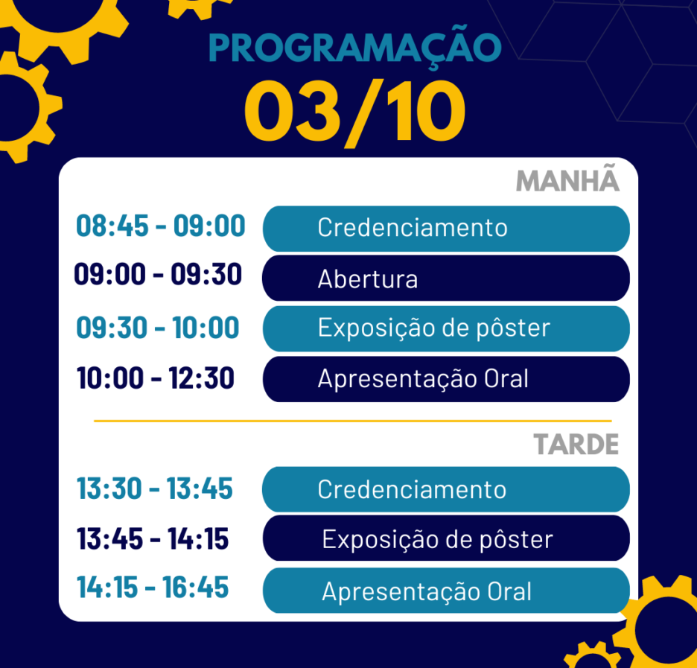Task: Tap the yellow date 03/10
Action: pos(354,112)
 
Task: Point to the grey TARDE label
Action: pos(576,444)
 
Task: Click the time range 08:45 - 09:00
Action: pos(160,226)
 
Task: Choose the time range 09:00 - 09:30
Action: pos(158,274)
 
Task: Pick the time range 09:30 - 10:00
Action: pos(157,328)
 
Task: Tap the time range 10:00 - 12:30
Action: pos(155,378)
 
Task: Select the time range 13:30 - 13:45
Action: pos(154,489)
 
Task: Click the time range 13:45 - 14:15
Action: pos(153,538)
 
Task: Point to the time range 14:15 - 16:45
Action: pos(153,587)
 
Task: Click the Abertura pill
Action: pos(446,279)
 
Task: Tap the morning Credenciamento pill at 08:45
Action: pos(446,229)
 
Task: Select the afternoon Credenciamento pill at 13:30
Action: pos(446,489)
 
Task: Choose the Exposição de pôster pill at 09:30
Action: pos(446,328)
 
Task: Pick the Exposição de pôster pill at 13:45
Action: pos(446,538)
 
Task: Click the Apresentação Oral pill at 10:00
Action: pos(446,379)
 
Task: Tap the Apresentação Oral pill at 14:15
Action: pos(446,591)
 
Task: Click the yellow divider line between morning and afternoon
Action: pos(352,421)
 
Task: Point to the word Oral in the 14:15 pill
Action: pos(509,591)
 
